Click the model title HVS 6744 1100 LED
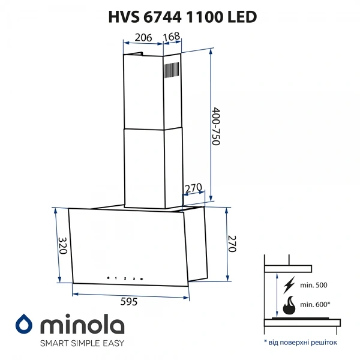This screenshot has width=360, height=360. (180, 16)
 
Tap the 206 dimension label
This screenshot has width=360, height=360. (142, 37)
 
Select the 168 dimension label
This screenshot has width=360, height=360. (172, 37)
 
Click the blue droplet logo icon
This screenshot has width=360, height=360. (24, 325)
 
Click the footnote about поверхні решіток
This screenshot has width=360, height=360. (300, 342)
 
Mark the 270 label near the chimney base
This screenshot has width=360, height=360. (193, 188)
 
